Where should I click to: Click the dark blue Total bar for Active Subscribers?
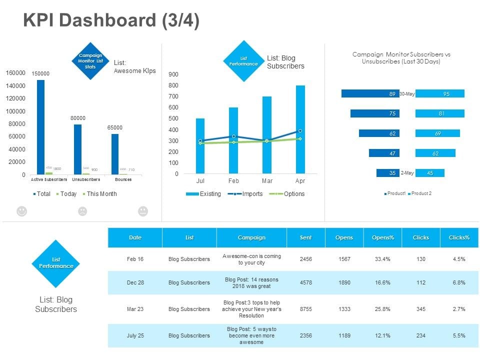tap(40, 127)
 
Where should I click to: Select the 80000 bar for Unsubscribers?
tap(77, 149)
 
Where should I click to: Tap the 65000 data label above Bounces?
tap(115, 128)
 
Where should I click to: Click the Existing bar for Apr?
tap(300, 130)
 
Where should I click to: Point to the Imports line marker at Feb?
tap(233, 136)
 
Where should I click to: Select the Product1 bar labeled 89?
tap(369, 93)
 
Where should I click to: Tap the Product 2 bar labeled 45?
tap(429, 173)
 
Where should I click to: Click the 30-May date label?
tap(407, 94)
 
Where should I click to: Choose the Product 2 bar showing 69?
tap(437, 133)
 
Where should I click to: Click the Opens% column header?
tap(382, 237)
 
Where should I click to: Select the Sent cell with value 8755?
tap(305, 309)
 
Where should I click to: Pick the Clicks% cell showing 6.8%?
tap(458, 282)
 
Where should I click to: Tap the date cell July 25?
tap(135, 335)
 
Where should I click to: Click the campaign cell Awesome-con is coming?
tap(251, 259)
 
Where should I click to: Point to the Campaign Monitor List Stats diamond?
tap(91, 61)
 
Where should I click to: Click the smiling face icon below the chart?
tap(21, 211)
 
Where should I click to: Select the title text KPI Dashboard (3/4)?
tap(111, 21)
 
